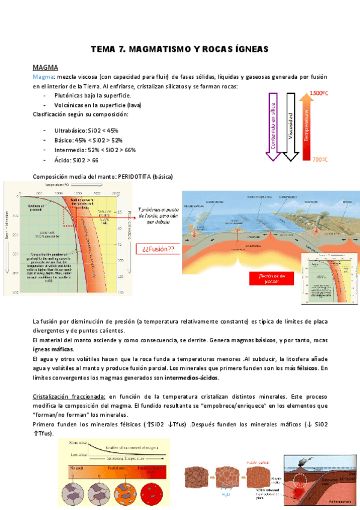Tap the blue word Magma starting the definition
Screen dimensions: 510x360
pos(43,77)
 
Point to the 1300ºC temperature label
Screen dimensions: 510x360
pos(318,94)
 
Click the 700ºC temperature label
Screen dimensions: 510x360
pos(318,160)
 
